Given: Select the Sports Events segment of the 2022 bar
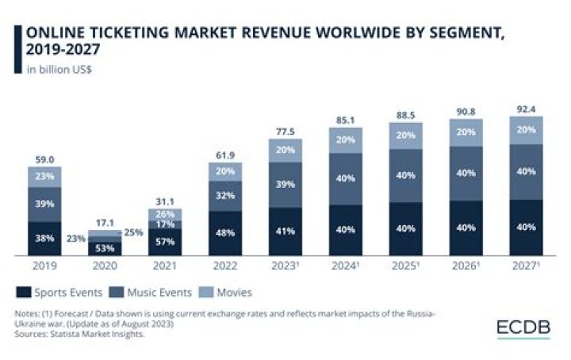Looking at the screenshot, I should click(225, 233).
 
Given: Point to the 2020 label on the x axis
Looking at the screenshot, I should click(105, 266).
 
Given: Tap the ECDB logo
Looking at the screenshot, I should click(523, 327).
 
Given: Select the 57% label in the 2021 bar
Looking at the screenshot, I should click(165, 242).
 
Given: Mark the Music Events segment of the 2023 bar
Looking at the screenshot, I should click(285, 185).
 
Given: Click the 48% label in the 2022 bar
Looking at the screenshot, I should click(225, 234).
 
